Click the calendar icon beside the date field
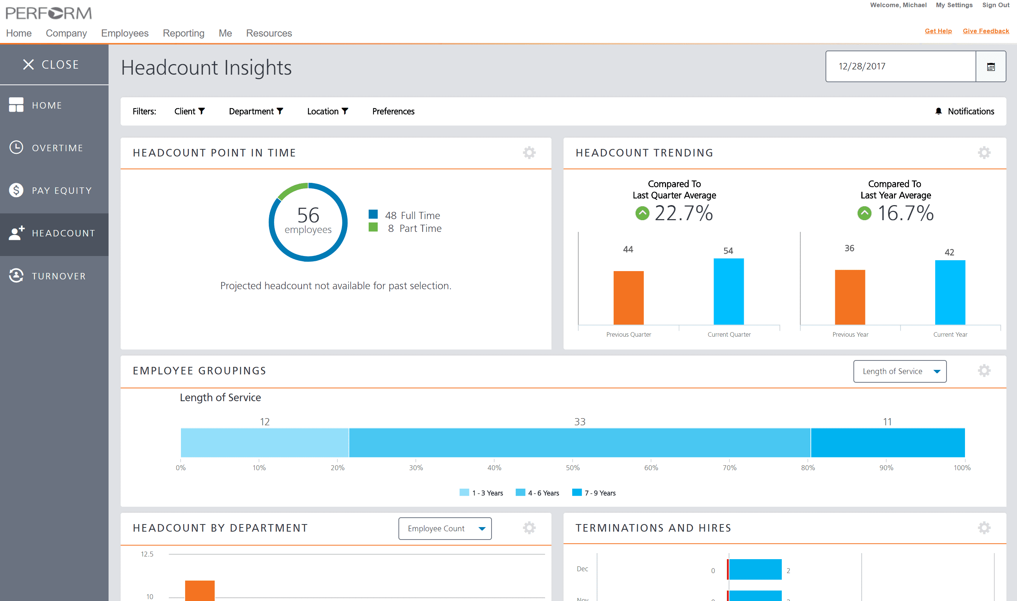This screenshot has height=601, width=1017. pyautogui.click(x=990, y=67)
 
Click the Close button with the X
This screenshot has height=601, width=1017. pyautogui.click(x=51, y=64)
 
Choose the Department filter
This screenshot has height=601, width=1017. pyautogui.click(x=256, y=111)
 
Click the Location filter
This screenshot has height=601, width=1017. pyautogui.click(x=327, y=111)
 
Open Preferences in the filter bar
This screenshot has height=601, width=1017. pyautogui.click(x=393, y=111)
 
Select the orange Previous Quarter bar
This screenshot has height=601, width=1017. pyautogui.click(x=628, y=297)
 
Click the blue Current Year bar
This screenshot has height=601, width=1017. pyautogui.click(x=950, y=293)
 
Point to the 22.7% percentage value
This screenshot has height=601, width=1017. pyautogui.click(x=683, y=213)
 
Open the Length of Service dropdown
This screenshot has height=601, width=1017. pyautogui.click(x=900, y=371)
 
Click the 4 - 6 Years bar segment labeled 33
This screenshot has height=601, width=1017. pyautogui.click(x=579, y=443)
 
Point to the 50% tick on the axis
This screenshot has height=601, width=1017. pyautogui.click(x=573, y=468)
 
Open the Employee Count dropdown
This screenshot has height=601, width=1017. pyautogui.click(x=444, y=529)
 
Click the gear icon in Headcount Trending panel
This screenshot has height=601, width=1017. pyautogui.click(x=984, y=153)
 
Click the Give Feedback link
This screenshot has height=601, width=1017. pyautogui.click(x=985, y=31)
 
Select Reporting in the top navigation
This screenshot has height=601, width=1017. pyautogui.click(x=184, y=33)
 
